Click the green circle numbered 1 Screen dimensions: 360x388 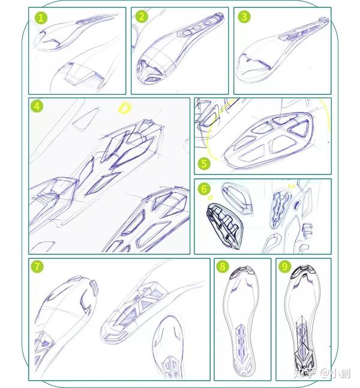tap(41, 18)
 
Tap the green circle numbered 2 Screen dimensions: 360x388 tap(142, 17)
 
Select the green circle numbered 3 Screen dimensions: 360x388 tap(244, 17)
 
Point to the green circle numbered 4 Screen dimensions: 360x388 tap(37, 106)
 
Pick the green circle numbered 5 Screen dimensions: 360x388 tap(204, 163)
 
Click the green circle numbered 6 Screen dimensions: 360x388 tap(204, 189)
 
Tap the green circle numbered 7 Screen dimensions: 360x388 tap(37, 267)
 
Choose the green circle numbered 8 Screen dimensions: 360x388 tap(222, 267)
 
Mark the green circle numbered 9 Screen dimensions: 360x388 tap(284, 267)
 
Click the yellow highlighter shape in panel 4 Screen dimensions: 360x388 tap(124, 108)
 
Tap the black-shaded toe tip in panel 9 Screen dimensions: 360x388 tap(304, 271)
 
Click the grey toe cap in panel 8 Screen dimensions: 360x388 tap(242, 272)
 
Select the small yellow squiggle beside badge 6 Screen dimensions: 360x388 tap(210, 198)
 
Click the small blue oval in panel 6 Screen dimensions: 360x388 tap(297, 204)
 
